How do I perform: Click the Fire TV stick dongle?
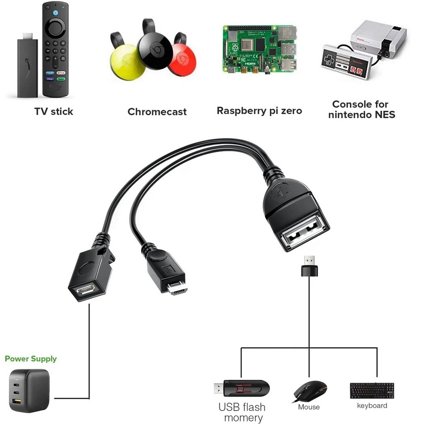point(26,66)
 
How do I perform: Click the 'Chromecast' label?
point(157,112)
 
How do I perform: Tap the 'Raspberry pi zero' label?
point(259,111)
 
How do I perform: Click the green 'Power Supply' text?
point(31,359)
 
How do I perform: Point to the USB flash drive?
point(241,389)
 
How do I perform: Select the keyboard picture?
point(372,391)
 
